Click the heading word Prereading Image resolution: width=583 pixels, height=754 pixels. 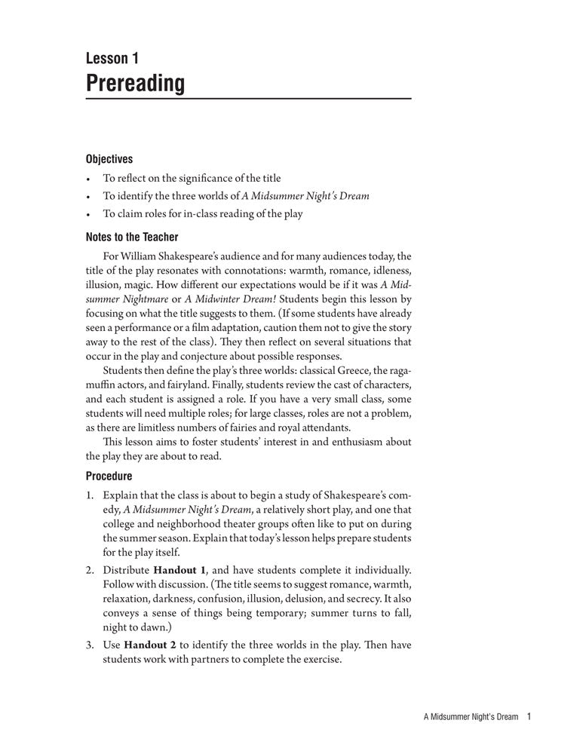pyautogui.click(x=135, y=83)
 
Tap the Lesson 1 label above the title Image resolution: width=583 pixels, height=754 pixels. pyautogui.click(x=112, y=57)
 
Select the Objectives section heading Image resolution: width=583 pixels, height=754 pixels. pyautogui.click(x=109, y=159)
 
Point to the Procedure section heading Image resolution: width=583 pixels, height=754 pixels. pyautogui.click(x=109, y=476)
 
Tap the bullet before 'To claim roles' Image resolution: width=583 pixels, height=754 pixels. pyautogui.click(x=88, y=214)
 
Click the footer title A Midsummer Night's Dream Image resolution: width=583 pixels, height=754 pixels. pyautogui.click(x=471, y=718)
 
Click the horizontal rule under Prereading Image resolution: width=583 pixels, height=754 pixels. pyautogui.click(x=248, y=99)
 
